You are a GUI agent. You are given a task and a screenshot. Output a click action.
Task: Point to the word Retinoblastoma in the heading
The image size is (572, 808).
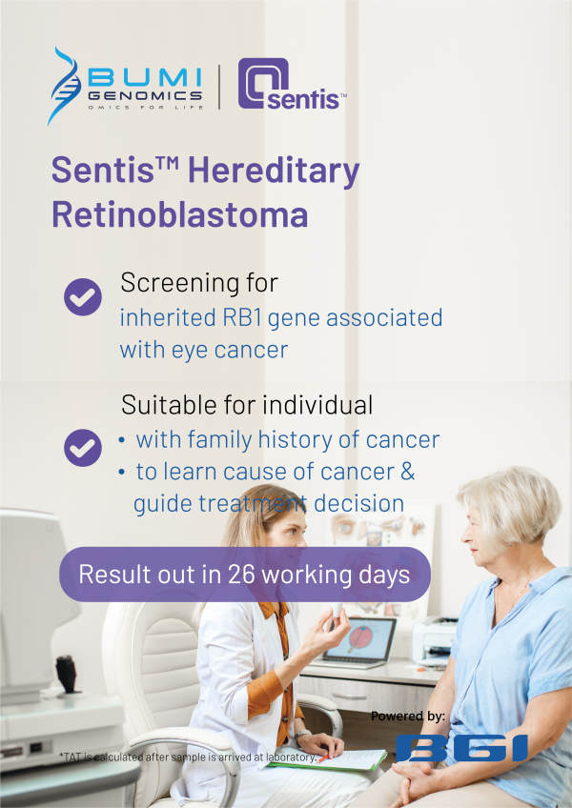(x=179, y=213)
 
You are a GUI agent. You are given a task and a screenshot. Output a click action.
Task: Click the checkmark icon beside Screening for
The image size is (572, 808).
(x=83, y=296)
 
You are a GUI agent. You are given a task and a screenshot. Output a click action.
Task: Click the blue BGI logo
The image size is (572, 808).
(x=461, y=747)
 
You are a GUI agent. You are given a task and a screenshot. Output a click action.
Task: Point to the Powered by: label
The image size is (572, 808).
(x=408, y=716)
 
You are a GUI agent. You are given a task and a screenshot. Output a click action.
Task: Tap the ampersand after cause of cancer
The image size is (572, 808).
(x=404, y=472)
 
